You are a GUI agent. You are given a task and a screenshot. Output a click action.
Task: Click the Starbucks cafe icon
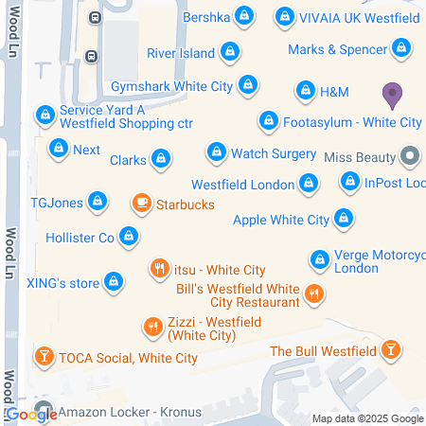pyautogui.click(x=141, y=204)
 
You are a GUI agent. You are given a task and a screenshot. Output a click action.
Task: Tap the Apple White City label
pyautogui.click(x=281, y=221)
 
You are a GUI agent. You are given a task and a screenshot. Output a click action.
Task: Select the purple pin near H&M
pyautogui.click(x=391, y=94)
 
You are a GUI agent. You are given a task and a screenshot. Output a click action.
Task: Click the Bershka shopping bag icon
pyautogui.click(x=245, y=16)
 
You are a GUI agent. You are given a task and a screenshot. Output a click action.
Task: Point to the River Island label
pyautogui.click(x=180, y=53)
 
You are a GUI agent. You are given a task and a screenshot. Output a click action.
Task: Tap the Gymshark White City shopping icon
pyautogui.click(x=248, y=85)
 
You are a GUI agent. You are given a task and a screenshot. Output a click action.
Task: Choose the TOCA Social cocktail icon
pyautogui.click(x=43, y=357)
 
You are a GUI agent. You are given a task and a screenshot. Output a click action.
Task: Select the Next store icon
pyautogui.click(x=59, y=150)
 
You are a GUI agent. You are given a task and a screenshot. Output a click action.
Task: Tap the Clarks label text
pyautogui.click(x=128, y=160)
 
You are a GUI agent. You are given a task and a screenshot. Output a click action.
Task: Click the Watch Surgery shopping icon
pyautogui.click(x=217, y=152)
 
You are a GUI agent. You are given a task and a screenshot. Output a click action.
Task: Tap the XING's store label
pyautogui.click(x=62, y=281)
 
